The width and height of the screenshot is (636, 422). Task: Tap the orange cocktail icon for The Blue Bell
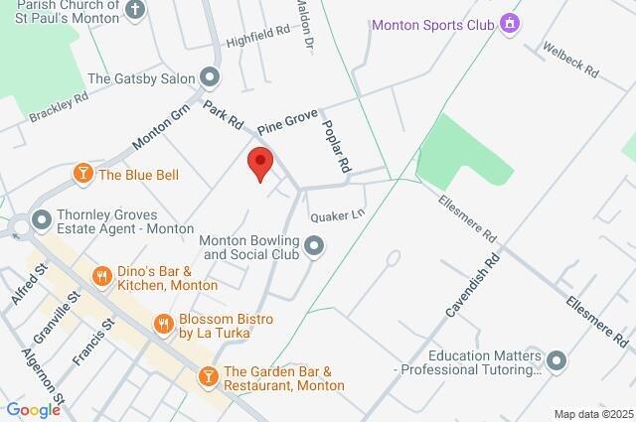click(83, 175)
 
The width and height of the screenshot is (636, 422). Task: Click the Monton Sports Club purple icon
click(510, 23)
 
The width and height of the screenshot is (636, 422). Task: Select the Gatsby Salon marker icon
click(209, 76)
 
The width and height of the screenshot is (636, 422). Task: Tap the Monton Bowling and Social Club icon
click(315, 244)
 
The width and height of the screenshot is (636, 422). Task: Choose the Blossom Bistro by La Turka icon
click(163, 322)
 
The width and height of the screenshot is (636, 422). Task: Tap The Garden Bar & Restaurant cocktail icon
click(209, 375)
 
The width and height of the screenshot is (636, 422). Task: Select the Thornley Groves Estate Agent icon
click(42, 217)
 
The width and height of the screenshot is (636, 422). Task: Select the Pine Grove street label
click(287, 123)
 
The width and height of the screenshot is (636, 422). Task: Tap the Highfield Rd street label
click(256, 38)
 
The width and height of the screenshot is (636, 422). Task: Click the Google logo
click(33, 409)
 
